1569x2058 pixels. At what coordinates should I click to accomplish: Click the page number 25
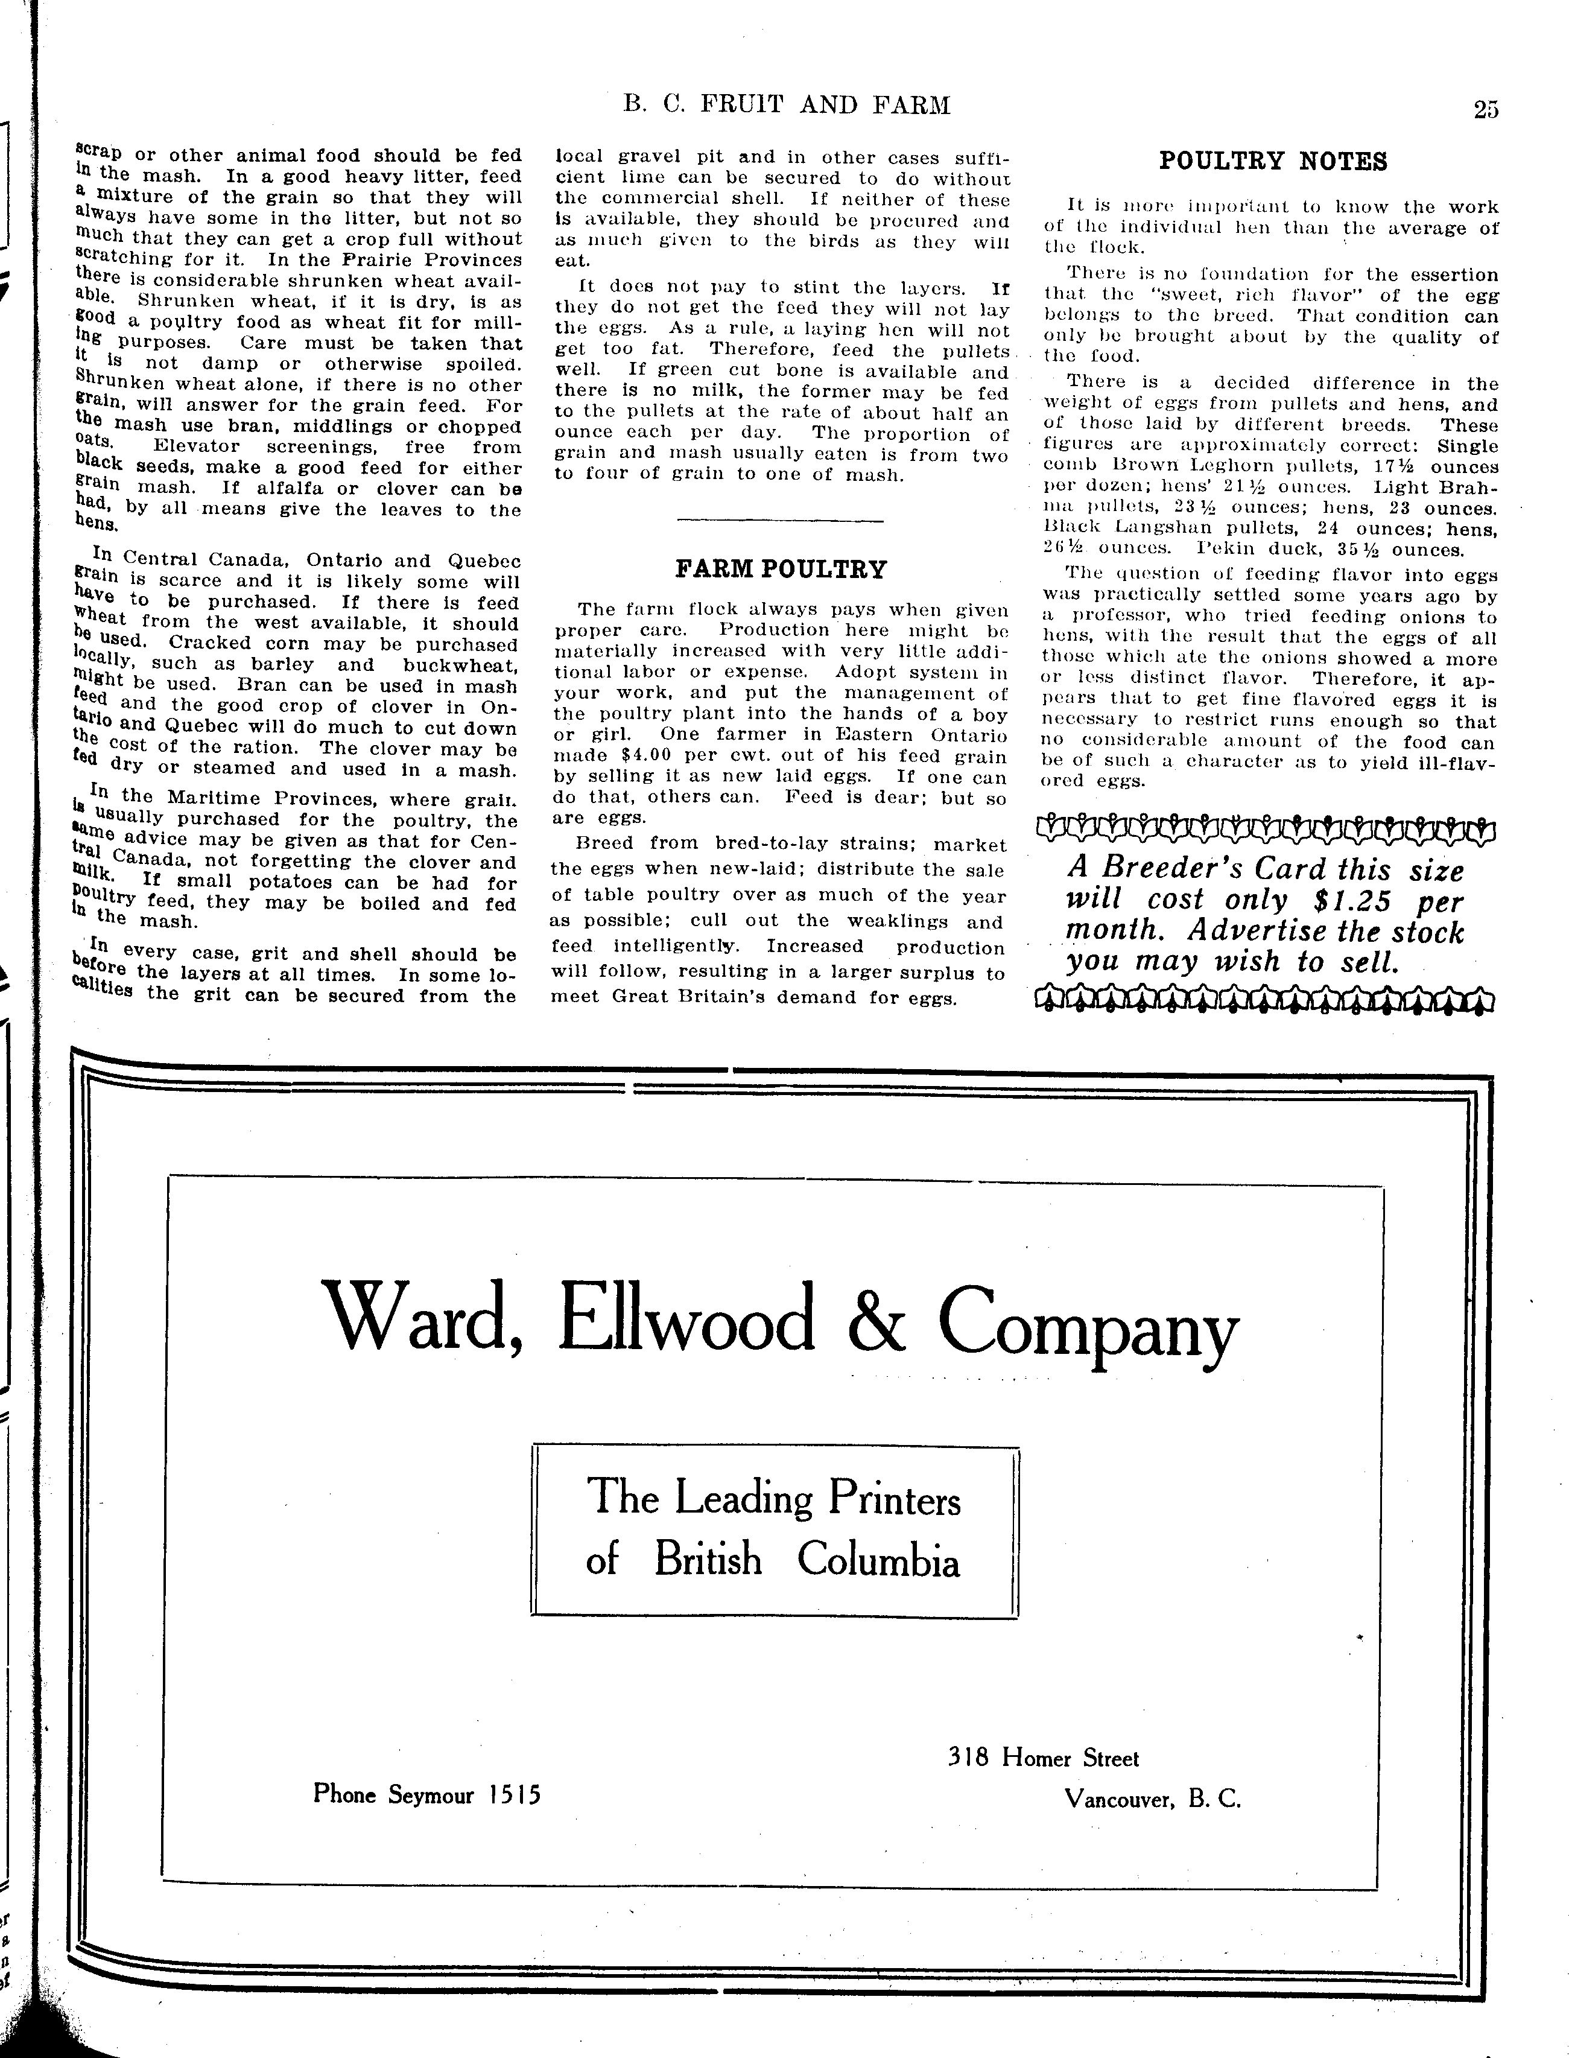[1486, 109]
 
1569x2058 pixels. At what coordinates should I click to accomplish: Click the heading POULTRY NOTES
[1273, 162]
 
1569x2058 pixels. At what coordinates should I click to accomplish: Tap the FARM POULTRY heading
[781, 569]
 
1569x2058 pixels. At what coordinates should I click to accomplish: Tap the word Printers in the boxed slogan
[894, 1501]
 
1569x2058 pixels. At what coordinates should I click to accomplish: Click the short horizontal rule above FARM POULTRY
[780, 520]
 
